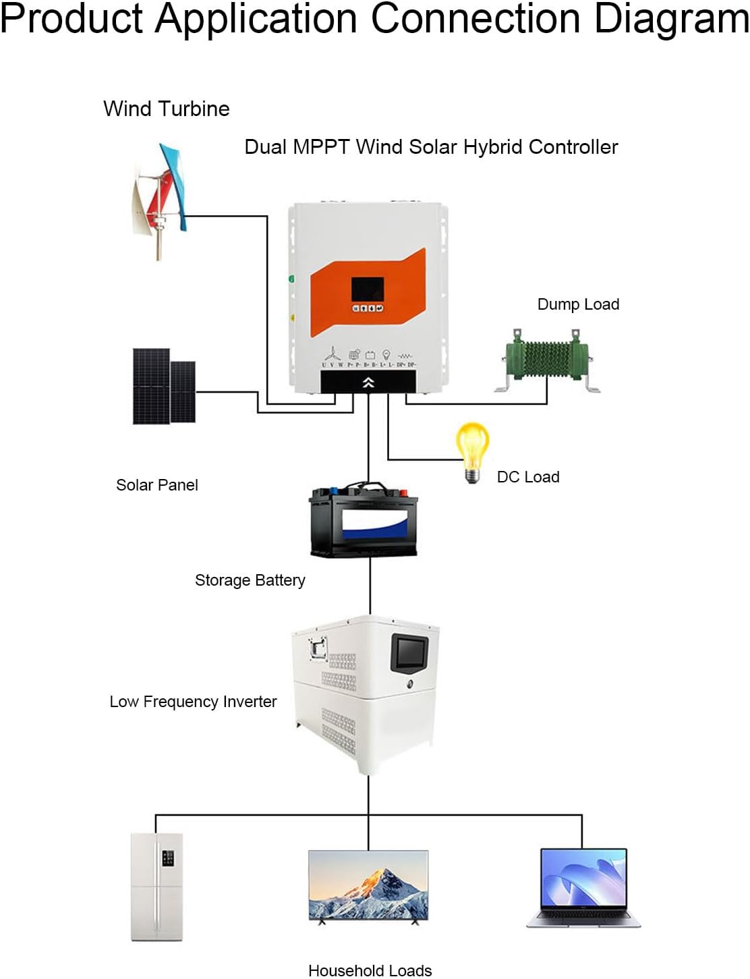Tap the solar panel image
click(164, 386)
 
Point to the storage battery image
click(364, 520)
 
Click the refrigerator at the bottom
click(156, 887)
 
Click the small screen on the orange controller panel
click(368, 289)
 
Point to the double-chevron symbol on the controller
click(368, 383)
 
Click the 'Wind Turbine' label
click(166, 109)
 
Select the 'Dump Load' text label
click(578, 304)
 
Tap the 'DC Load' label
click(528, 477)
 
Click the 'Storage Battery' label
click(250, 580)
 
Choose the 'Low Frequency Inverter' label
click(193, 702)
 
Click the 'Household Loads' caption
click(370, 970)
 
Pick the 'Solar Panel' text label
click(157, 485)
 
